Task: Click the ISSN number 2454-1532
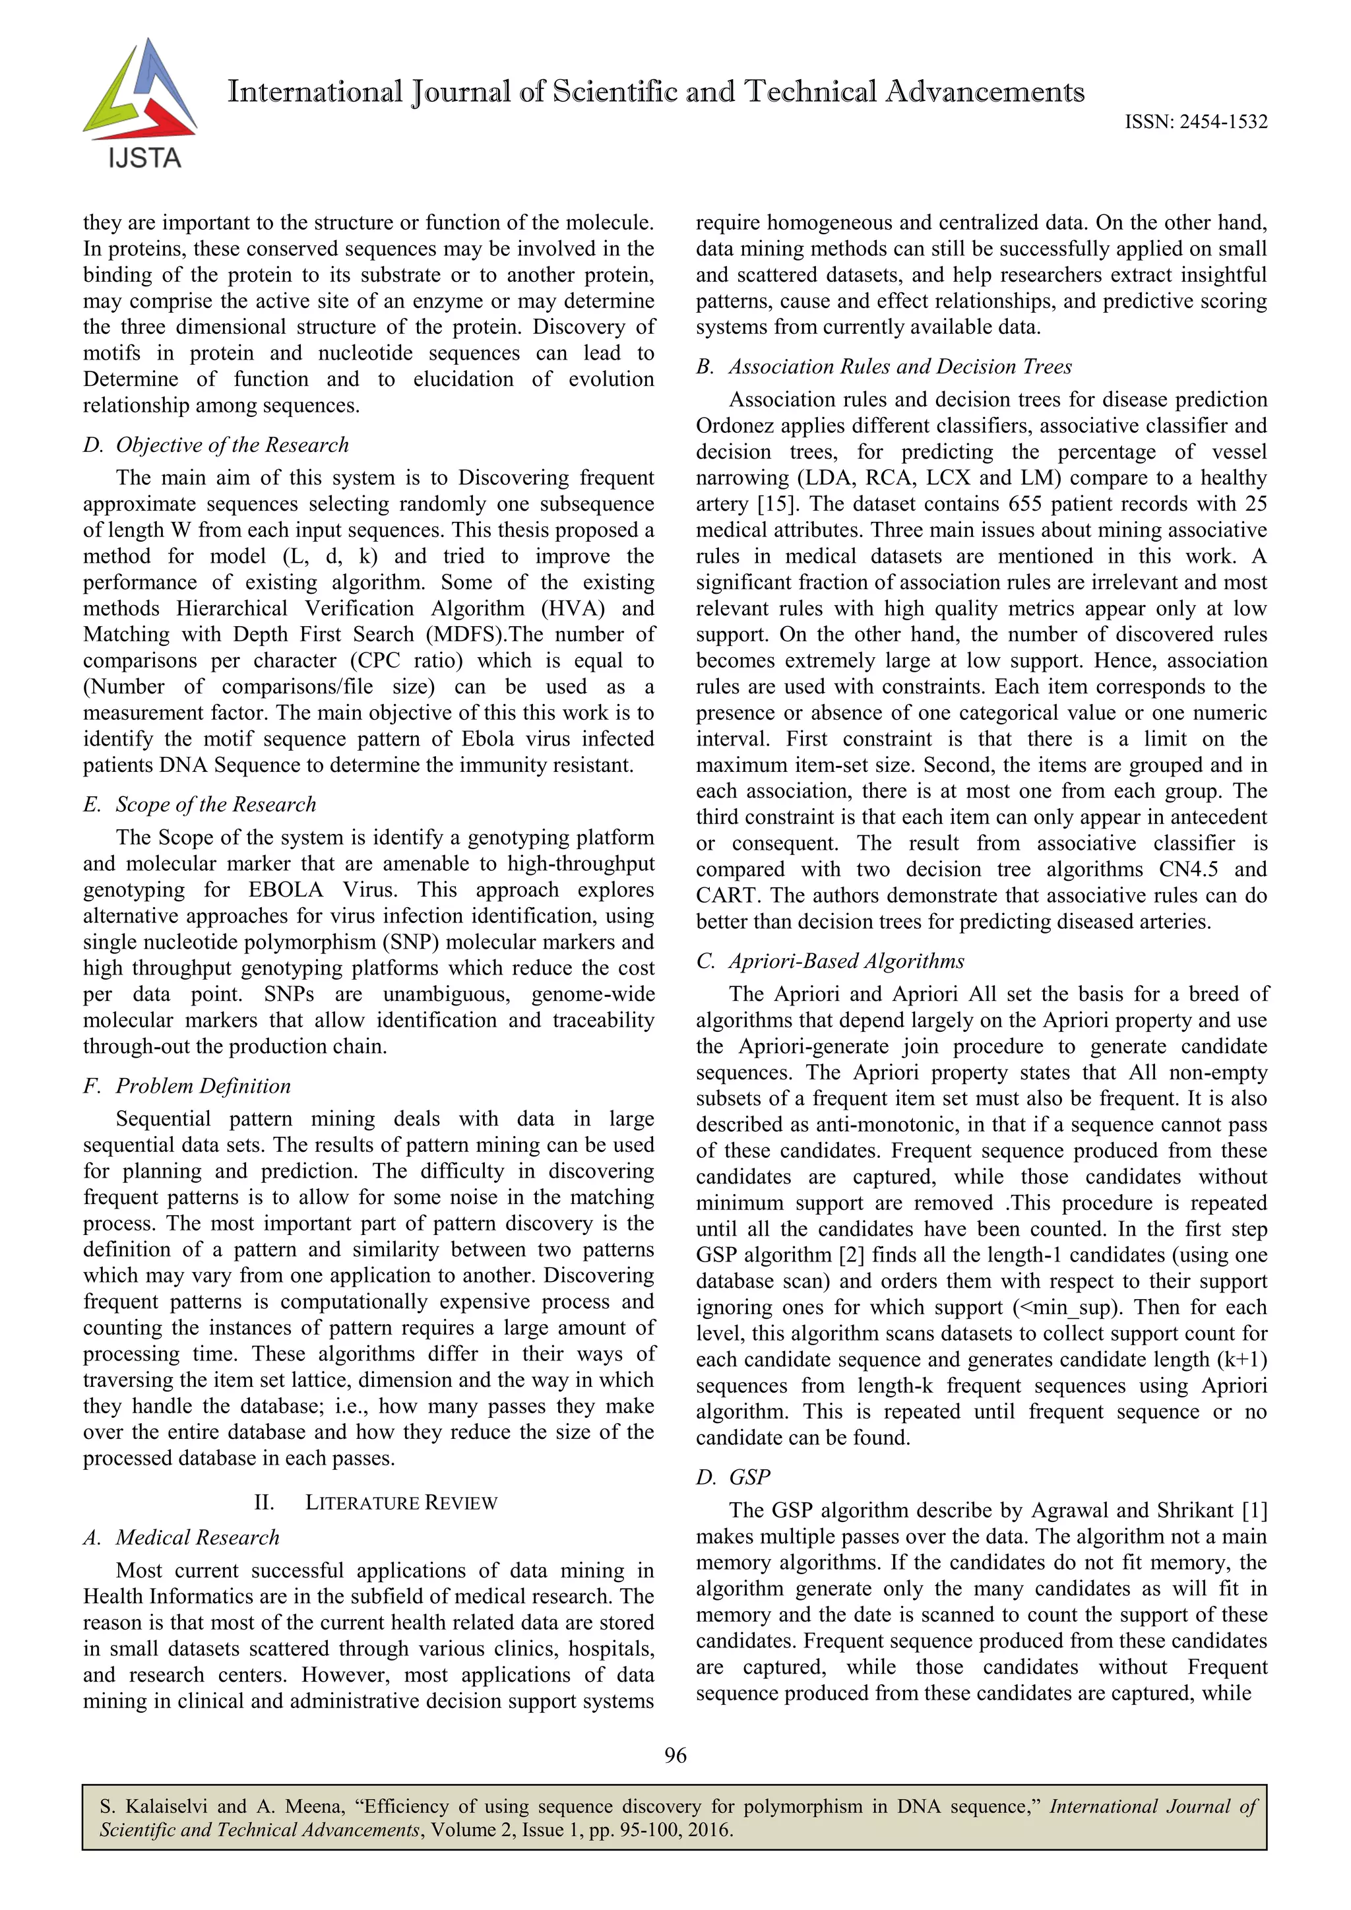click(1220, 122)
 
